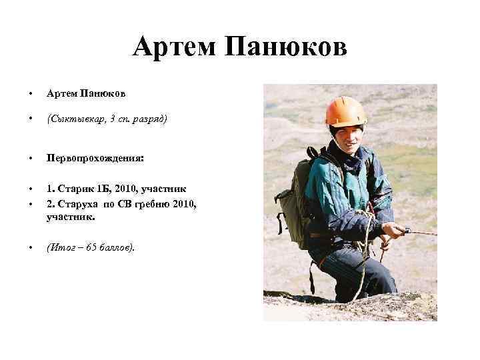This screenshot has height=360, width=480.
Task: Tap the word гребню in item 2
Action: (151, 203)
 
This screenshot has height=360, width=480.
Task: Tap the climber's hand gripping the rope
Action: (395, 231)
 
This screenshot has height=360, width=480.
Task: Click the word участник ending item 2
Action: (70, 217)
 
